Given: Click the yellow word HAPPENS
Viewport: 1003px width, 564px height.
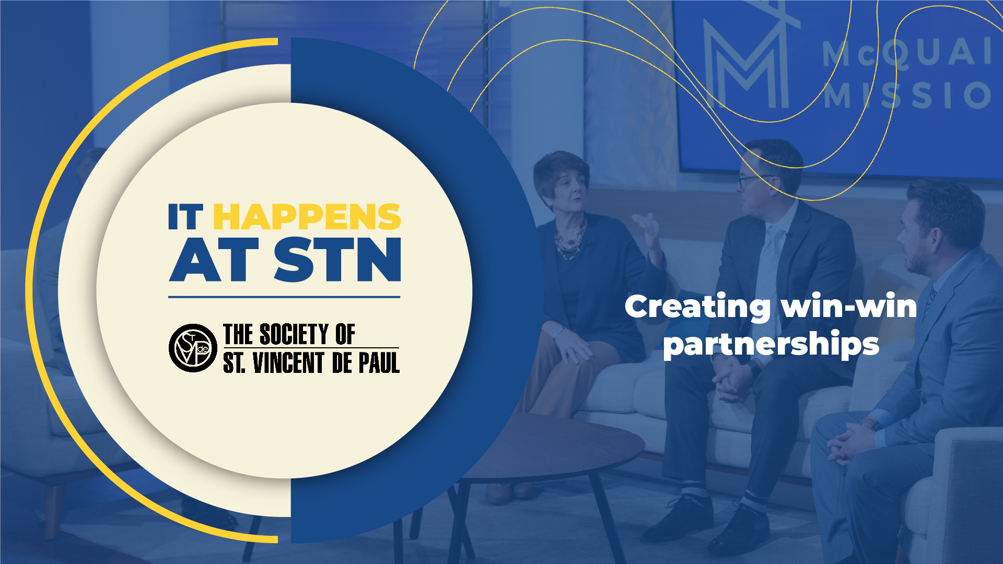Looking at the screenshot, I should [307, 217].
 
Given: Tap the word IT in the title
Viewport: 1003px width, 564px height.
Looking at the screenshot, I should [185, 217].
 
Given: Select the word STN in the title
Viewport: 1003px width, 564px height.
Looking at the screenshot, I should [337, 260].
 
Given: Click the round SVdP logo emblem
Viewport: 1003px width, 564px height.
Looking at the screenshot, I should [193, 348].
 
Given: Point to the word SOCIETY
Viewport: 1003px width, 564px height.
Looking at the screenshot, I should [294, 335].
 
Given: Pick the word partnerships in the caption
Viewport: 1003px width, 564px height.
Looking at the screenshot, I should [771, 345].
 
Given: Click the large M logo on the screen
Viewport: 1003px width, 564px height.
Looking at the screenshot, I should [747, 65].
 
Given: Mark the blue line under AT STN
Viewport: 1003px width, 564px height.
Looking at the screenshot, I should [284, 297].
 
